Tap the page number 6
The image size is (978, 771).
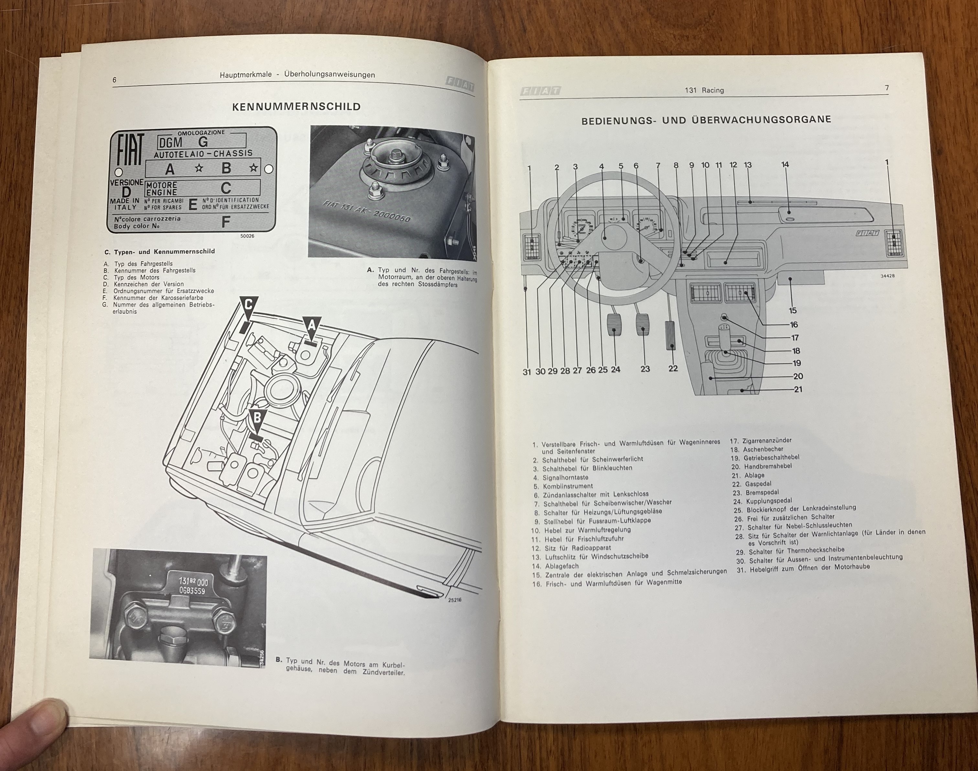(114, 80)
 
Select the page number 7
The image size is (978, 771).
(887, 88)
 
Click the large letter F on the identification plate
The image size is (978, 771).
(226, 222)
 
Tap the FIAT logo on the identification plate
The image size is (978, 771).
(130, 150)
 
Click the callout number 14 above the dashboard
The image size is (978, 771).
(785, 165)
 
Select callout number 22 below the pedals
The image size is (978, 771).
(673, 368)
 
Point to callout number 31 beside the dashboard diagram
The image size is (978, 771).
(527, 372)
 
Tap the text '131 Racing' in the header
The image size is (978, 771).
(704, 90)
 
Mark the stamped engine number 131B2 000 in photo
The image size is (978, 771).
(186, 585)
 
